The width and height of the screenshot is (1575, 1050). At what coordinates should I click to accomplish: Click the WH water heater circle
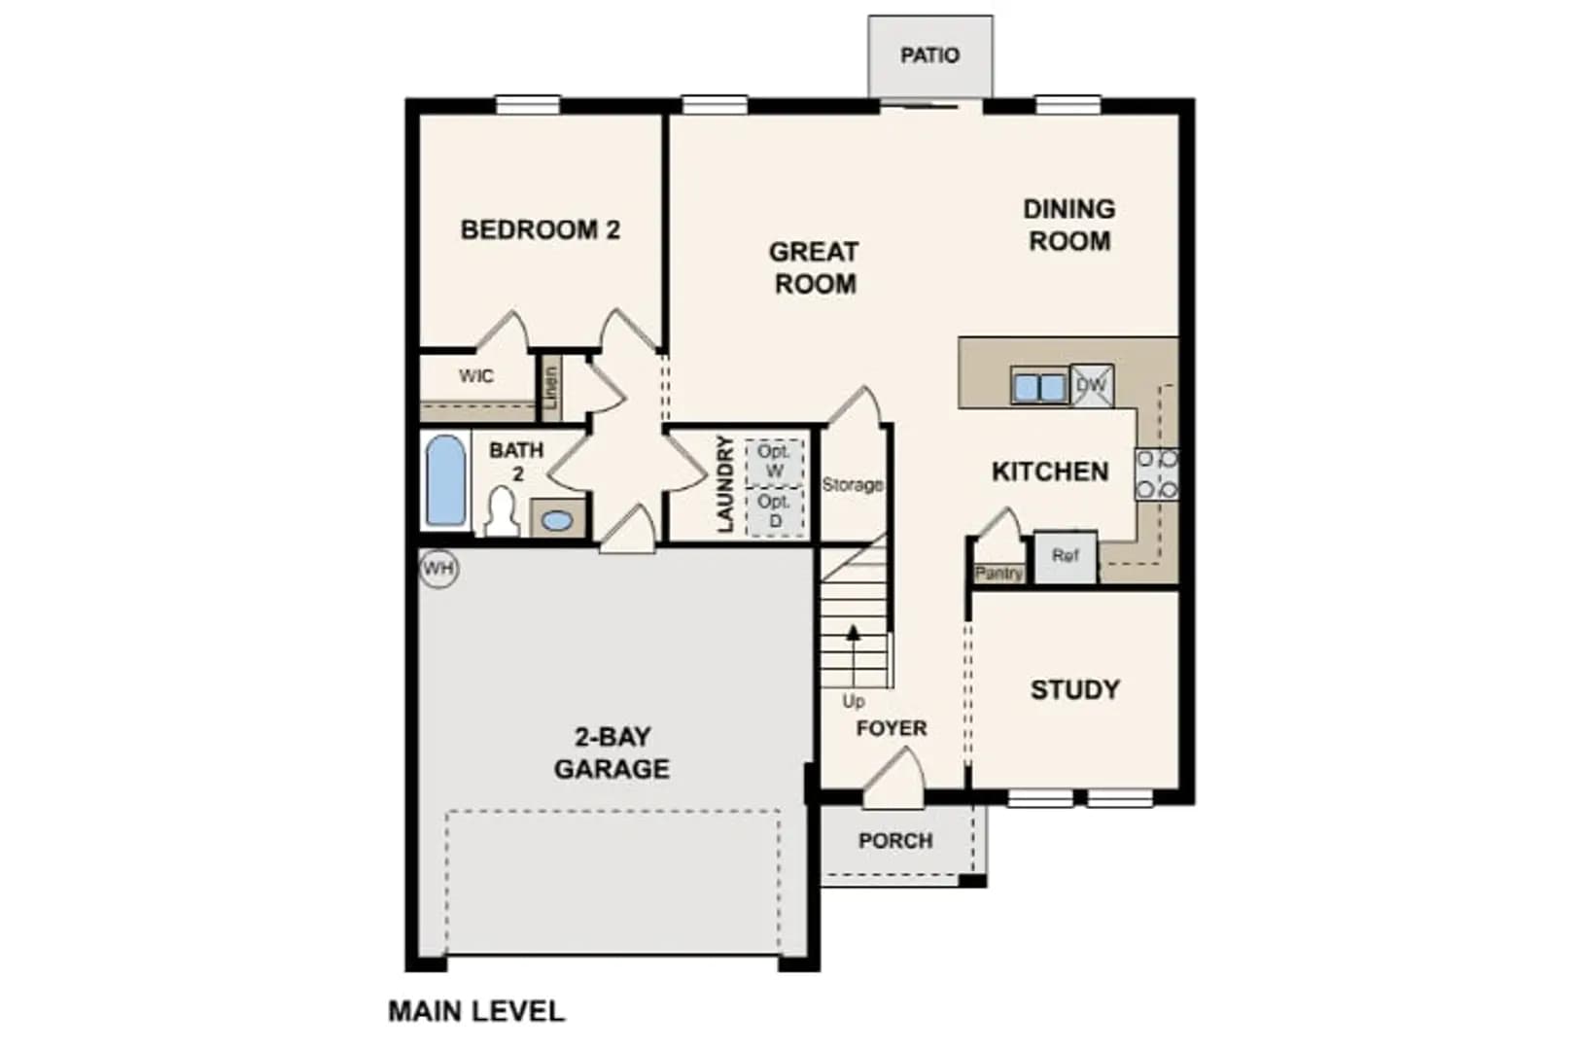[438, 568]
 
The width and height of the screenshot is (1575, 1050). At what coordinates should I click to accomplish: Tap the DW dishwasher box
[1092, 385]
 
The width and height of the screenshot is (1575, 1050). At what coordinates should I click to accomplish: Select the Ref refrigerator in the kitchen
[1066, 556]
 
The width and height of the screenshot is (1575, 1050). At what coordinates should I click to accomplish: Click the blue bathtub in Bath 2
[446, 481]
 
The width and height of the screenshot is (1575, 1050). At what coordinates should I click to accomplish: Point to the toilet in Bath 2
[502, 512]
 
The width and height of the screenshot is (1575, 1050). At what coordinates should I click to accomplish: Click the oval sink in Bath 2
[557, 520]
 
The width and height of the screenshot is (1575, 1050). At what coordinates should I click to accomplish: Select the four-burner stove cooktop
[1157, 474]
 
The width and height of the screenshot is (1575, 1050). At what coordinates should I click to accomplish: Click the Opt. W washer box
[774, 463]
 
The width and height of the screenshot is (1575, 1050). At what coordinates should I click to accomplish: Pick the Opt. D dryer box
[774, 512]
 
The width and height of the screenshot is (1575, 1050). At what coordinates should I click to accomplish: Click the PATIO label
[930, 54]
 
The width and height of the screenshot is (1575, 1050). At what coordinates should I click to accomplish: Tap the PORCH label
[895, 840]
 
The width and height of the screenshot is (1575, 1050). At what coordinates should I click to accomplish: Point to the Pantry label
[998, 574]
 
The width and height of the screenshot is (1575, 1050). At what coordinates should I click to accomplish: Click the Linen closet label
[550, 388]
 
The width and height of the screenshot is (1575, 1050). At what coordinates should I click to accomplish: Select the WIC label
[476, 375]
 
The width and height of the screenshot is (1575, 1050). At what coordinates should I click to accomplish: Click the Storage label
[853, 484]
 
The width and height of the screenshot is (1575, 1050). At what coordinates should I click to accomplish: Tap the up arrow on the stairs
[854, 655]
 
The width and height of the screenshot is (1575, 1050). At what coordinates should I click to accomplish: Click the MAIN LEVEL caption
[476, 1011]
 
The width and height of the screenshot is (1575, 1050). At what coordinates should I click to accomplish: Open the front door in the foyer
[892, 780]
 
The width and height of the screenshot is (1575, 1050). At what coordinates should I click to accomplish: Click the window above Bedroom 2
[528, 105]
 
